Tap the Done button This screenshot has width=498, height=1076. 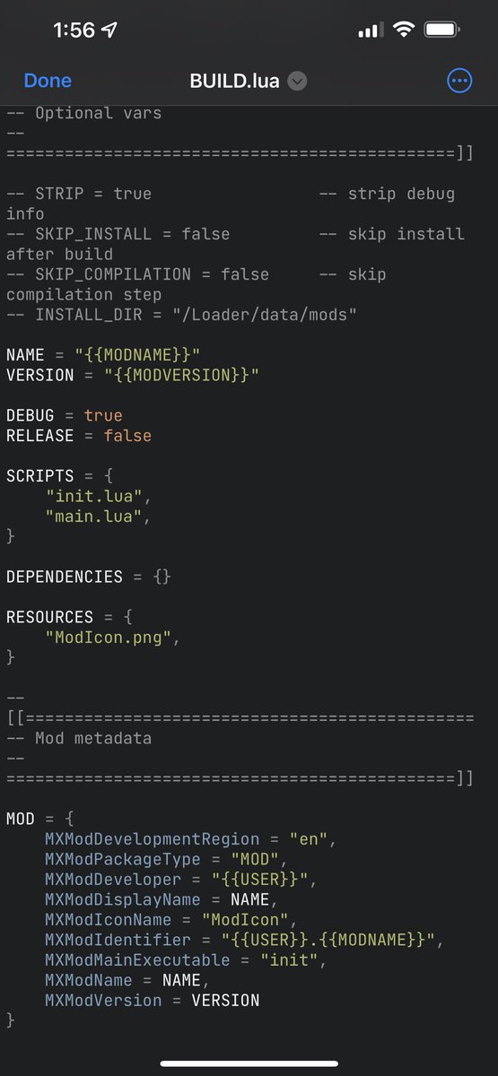[48, 81]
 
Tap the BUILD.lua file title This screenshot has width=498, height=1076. [234, 82]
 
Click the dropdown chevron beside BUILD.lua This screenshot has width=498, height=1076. [297, 81]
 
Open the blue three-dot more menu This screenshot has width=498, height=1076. [459, 81]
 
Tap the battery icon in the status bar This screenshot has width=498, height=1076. [441, 30]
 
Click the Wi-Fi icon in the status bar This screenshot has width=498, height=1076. [404, 30]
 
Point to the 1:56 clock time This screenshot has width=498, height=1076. [74, 30]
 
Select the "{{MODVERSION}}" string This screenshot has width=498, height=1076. [181, 375]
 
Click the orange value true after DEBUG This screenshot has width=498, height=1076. [103, 415]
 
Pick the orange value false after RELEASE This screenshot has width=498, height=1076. [127, 436]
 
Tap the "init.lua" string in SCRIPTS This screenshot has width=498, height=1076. [93, 496]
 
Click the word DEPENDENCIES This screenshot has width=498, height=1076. [65, 577]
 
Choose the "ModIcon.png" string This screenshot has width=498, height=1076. [109, 638]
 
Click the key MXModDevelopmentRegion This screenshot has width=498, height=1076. [152, 839]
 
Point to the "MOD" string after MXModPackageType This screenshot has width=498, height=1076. [254, 859]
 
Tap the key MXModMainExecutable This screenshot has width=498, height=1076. [137, 960]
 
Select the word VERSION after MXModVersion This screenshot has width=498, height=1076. [225, 1001]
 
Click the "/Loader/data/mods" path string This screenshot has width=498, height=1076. [264, 315]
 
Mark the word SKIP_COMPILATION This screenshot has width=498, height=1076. [113, 274]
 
